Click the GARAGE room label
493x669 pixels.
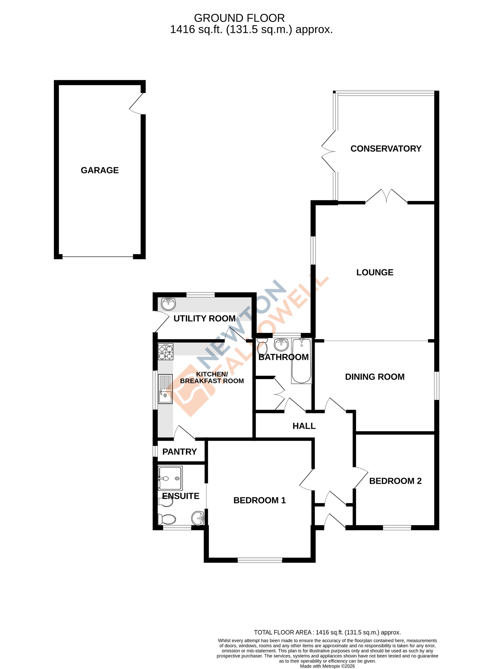tap(100, 170)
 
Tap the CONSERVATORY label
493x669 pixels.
tap(386, 149)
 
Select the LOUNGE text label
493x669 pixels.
tap(374, 272)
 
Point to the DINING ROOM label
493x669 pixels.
tap(374, 377)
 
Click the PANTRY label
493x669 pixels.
tap(179, 452)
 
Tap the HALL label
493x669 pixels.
tap(304, 426)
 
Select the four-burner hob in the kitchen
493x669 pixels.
tap(166, 352)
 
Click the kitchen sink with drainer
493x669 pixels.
tap(165, 389)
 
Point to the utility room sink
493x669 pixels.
tap(168, 304)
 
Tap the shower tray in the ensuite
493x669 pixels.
tap(170, 478)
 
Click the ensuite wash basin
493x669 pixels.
tap(198, 518)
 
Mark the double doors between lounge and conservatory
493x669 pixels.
tap(386, 197)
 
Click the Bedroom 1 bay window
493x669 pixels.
tap(260, 560)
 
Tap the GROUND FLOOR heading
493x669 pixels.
tap(239, 18)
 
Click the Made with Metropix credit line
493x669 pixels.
tap(327, 666)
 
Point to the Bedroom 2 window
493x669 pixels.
tap(397, 528)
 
